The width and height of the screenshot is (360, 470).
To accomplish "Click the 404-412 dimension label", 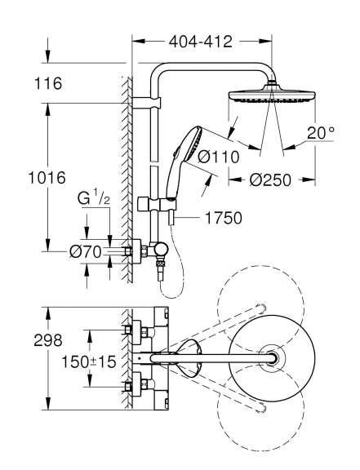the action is click(201, 42).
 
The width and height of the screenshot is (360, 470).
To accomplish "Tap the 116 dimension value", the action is click(48, 83).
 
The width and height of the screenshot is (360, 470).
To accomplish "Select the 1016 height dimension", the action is click(47, 178).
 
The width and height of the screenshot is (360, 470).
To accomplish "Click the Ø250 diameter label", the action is click(270, 180).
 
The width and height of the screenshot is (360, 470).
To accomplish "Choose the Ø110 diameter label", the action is click(219, 157).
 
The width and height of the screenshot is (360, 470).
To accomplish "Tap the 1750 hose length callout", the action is click(224, 218).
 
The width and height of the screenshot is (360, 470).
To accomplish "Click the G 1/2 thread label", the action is click(93, 198).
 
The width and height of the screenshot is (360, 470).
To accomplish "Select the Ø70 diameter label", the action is click(86, 252).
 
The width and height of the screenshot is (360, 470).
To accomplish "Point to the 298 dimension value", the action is click(48, 340).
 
